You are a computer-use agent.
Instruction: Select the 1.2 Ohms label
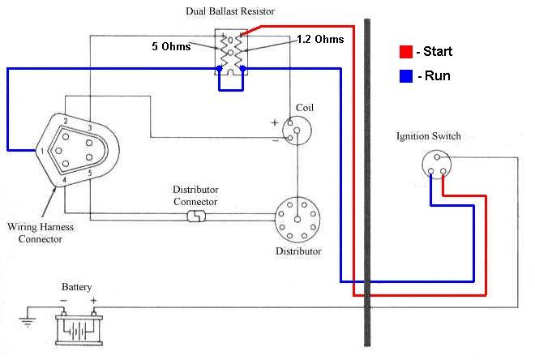click(x=320, y=39)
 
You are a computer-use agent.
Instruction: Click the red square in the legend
click(x=406, y=53)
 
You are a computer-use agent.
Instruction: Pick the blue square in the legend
click(x=406, y=77)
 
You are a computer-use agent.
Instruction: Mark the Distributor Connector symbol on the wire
click(x=196, y=216)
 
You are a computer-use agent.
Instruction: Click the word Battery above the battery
click(x=77, y=287)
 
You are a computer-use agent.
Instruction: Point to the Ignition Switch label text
click(x=429, y=136)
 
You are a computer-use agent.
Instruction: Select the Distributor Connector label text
click(x=195, y=195)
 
